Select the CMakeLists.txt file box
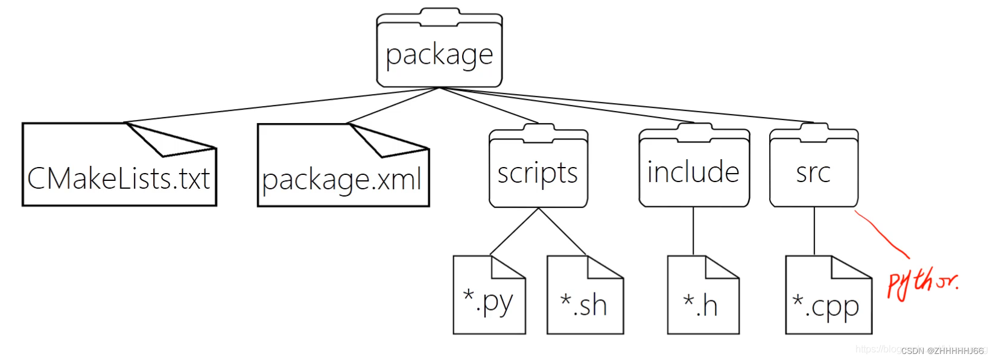[119, 175]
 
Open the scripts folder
[538, 172]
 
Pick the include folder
[694, 172]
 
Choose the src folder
[813, 172]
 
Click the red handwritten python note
[921, 282]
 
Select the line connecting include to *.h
[693, 231]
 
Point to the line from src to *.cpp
[814, 231]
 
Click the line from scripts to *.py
[514, 232]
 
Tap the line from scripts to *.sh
[562, 232]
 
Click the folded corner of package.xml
[386, 140]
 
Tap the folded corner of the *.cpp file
[851, 268]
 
